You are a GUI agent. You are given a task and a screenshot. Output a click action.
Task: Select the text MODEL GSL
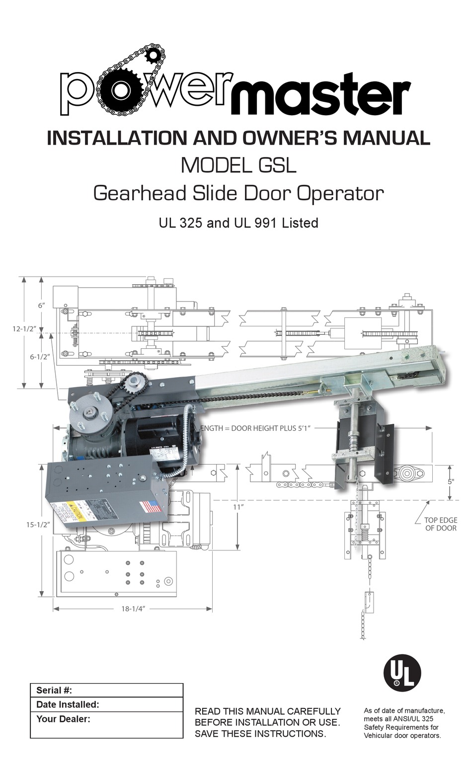[x=238, y=165]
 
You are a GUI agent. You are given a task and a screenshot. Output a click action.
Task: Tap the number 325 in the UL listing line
[x=191, y=223]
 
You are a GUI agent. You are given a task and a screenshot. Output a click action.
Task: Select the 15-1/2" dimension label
[x=38, y=525]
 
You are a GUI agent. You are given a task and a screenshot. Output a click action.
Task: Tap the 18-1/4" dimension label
[x=132, y=609]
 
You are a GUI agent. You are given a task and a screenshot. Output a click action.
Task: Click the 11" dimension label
[x=238, y=507]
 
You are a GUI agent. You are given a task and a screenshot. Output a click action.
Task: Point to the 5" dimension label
[x=451, y=481]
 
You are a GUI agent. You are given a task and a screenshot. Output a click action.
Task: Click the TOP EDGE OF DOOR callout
[x=440, y=524]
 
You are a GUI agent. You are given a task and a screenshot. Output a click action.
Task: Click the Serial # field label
[x=54, y=691]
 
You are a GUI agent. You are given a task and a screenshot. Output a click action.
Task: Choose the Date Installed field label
[x=68, y=704]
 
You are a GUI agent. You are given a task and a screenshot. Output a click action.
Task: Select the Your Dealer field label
[x=63, y=718]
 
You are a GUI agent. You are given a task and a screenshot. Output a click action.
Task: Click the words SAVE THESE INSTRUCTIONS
[x=260, y=733]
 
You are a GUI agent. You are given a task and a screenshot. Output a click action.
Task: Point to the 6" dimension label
[x=42, y=305]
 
